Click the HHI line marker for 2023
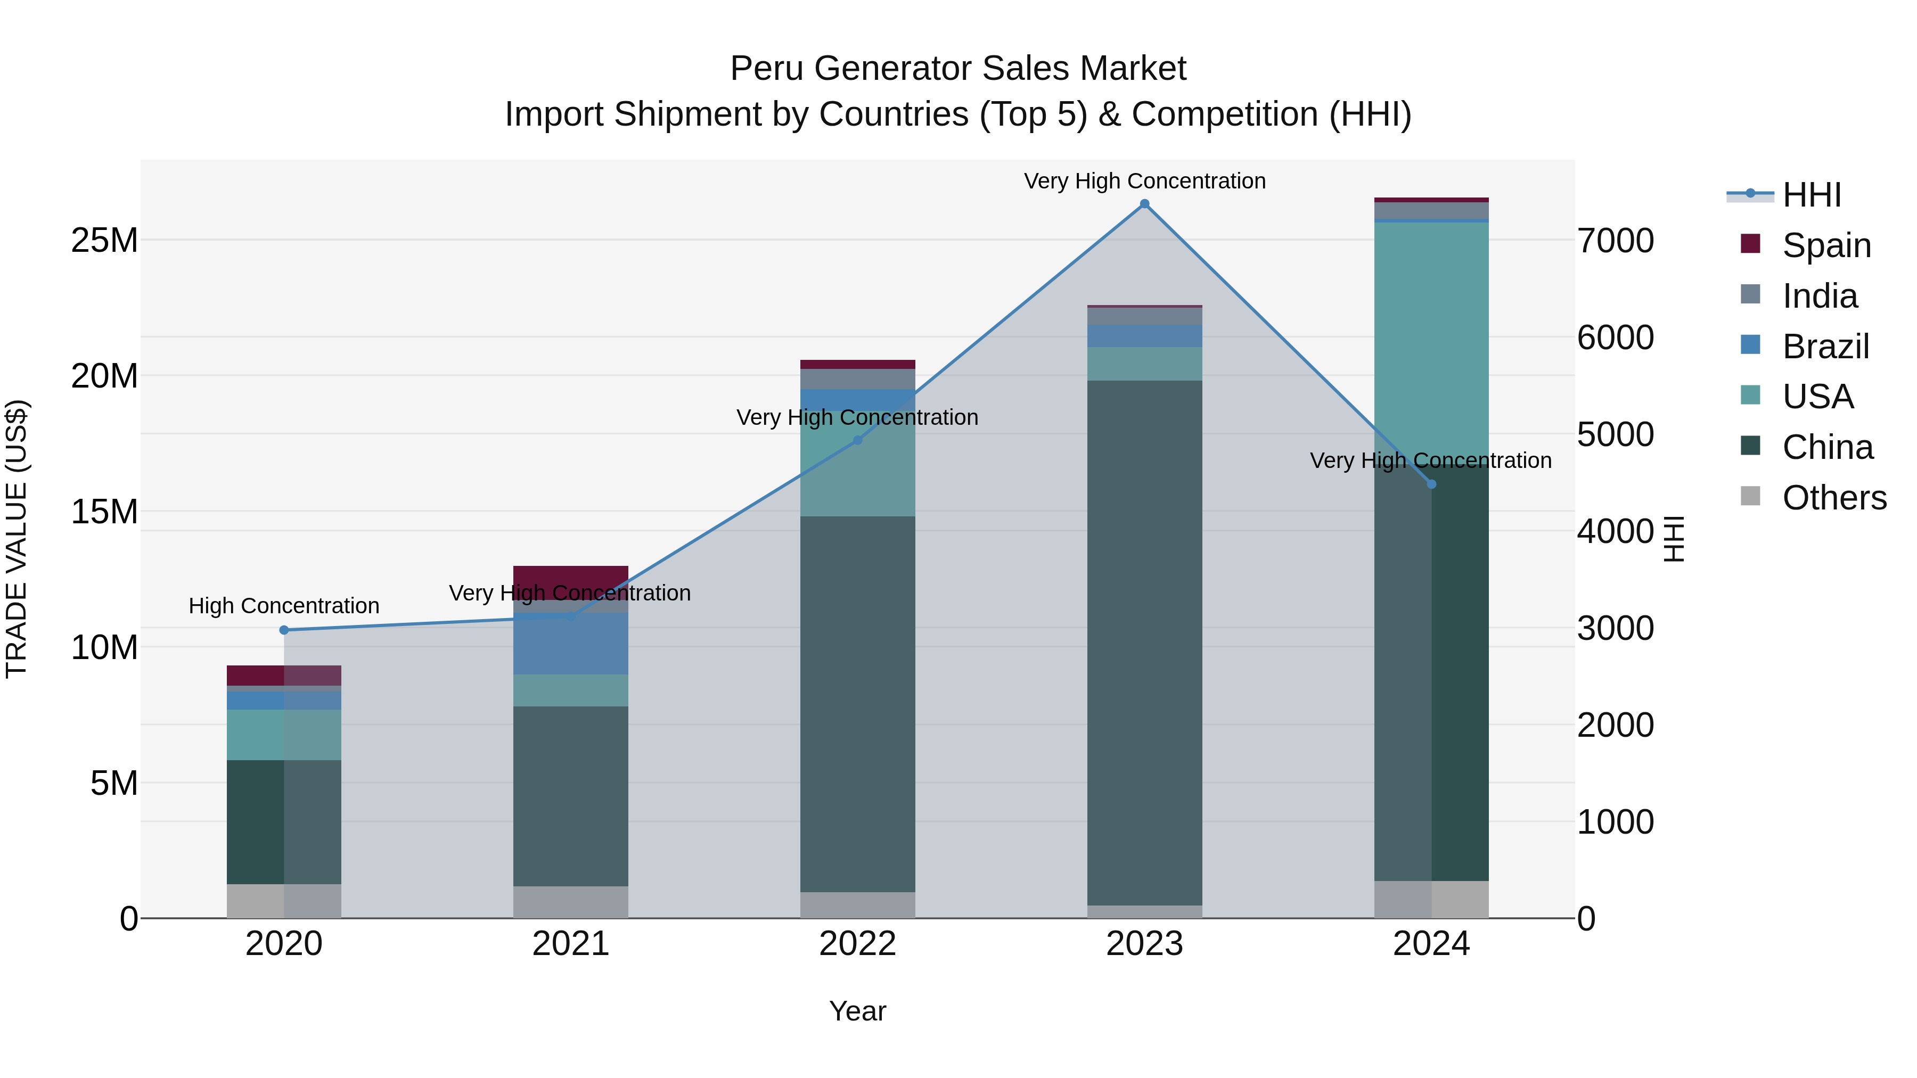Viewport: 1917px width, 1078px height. coord(1144,204)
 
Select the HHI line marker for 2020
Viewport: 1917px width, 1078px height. coord(283,630)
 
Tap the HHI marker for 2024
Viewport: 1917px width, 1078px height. coord(1431,484)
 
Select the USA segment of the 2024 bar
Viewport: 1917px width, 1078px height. coord(1431,335)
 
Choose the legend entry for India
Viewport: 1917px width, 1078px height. coord(1819,296)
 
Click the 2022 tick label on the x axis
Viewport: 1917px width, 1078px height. coord(857,944)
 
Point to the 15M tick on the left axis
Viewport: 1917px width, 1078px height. coord(104,512)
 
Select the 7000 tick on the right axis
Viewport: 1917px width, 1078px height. coord(1616,241)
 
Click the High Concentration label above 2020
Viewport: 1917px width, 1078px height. coord(283,606)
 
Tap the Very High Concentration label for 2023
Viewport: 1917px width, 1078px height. coord(1144,181)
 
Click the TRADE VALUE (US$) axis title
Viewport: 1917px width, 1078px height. coord(17,539)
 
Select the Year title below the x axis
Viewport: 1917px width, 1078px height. coord(857,1011)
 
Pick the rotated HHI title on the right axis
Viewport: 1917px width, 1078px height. coord(1674,539)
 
